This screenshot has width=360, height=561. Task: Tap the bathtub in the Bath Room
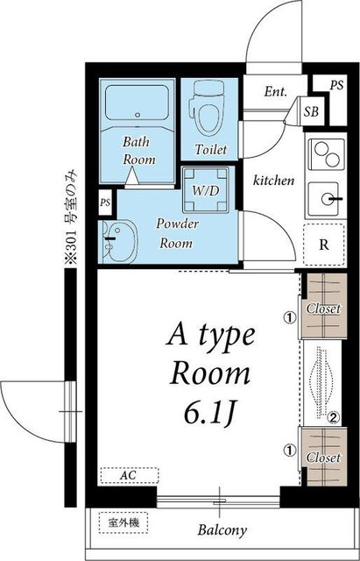pos(137,103)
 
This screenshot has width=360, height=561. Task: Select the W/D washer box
pos(205,189)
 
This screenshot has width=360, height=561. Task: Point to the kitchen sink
pos(324,199)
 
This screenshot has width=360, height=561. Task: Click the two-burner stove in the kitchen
pos(327,154)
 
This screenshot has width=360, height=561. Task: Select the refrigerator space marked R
pos(324,245)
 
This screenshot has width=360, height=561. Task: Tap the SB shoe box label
pos(311,112)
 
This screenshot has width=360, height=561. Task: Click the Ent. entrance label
pos(276,92)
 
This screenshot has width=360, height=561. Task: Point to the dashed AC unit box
pos(129,476)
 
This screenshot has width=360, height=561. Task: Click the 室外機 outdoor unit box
pos(124,523)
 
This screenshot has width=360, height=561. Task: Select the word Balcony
pos(222,529)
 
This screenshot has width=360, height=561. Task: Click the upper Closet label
pos(323,309)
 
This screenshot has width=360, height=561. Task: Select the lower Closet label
pos(323,458)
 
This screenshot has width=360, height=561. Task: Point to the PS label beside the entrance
pos(336,85)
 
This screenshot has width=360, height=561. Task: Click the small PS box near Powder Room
pos(105,202)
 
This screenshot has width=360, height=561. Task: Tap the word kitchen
pos(273,181)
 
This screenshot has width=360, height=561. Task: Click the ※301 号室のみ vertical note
pos(71,217)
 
